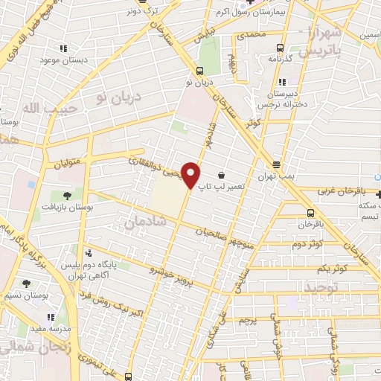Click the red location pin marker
(x=192, y=175)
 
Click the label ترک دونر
(x=143, y=11)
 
